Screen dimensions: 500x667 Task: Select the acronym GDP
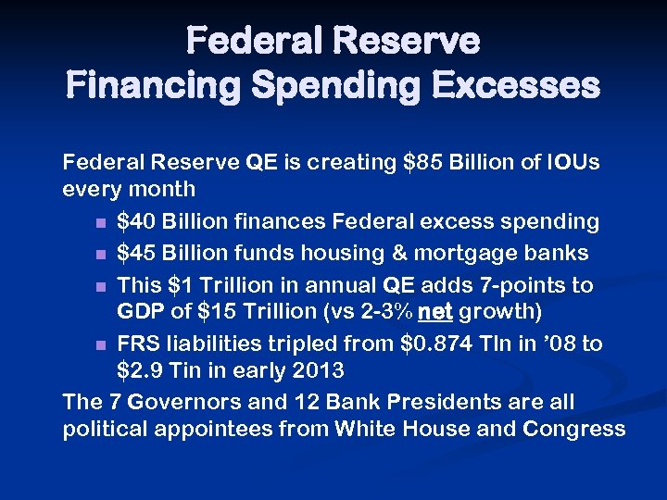(139, 310)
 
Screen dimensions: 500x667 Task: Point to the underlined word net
(436, 310)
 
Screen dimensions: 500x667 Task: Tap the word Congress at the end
(574, 429)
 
